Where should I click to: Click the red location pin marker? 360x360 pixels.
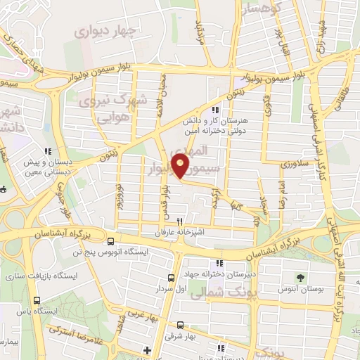coord(181,166)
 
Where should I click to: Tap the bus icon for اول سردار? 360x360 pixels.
coord(172,279)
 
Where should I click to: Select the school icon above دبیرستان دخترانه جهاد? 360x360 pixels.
coord(219,264)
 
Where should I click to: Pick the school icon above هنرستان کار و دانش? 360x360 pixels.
coord(216,110)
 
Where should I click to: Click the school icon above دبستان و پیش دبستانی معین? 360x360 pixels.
coord(48,151)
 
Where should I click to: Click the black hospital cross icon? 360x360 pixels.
coord(147,349)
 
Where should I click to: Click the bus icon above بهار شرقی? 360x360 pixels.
coord(181,325)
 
